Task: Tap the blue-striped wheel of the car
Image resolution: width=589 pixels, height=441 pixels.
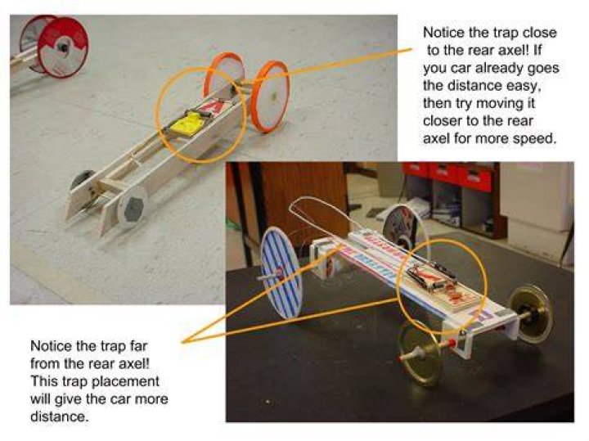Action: click(281, 273)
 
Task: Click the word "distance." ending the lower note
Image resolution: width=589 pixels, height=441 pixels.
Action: click(60, 416)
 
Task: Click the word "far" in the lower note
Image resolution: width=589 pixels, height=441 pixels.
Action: click(138, 345)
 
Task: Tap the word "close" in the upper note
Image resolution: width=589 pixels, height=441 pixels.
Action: click(540, 32)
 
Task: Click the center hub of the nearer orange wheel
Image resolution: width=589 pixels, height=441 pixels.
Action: click(274, 96)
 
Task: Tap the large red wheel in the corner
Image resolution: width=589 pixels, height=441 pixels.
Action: click(62, 47)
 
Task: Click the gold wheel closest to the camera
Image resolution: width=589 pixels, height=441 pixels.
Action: click(420, 354)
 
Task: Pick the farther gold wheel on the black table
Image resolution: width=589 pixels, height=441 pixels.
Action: click(531, 314)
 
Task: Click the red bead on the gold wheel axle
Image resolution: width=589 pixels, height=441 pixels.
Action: click(452, 343)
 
